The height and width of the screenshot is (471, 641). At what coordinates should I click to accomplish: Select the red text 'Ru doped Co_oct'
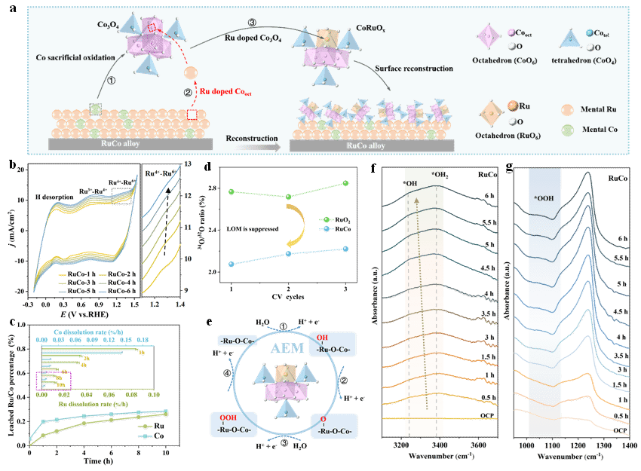coord(230,91)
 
